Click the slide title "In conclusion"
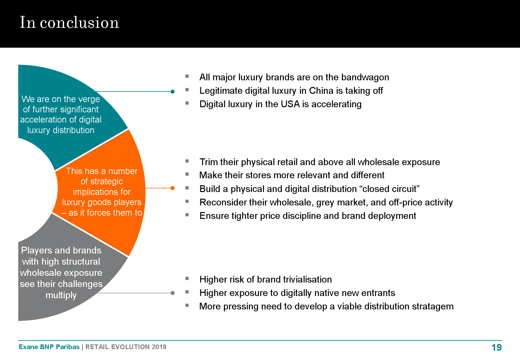tap(69, 22)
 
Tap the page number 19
tap(497, 348)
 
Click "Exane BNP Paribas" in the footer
tap(49, 347)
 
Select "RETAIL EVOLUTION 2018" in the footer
tap(126, 347)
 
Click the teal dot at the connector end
tap(172, 92)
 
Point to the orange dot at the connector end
tap(172, 188)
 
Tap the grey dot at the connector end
tap(172, 293)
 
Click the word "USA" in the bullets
tap(290, 104)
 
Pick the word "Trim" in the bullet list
tap(207, 162)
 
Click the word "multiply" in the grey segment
tap(61, 295)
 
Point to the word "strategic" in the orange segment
tap(102, 181)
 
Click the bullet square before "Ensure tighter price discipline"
tap(187, 215)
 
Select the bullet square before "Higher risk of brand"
tap(187, 278)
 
